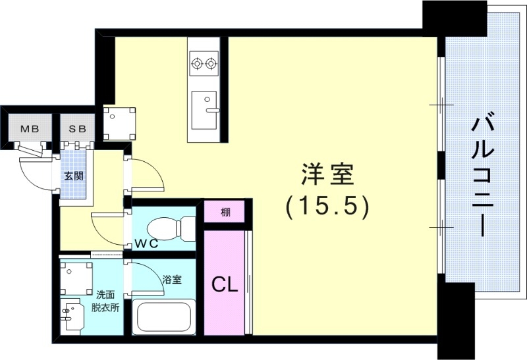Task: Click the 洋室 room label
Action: click(327, 176)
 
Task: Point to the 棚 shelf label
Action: click(225, 212)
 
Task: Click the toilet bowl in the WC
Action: click(165, 228)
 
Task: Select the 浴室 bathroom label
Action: click(171, 279)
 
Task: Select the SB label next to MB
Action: click(78, 128)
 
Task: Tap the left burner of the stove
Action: click(196, 64)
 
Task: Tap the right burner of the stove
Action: click(211, 64)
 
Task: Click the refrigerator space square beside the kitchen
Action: click(119, 123)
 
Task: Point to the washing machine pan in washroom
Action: click(76, 277)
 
